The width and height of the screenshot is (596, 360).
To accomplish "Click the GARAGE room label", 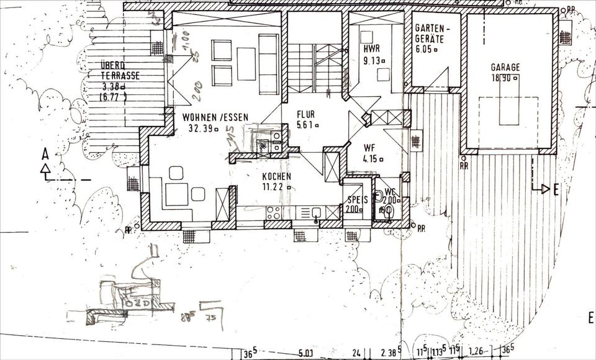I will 505,67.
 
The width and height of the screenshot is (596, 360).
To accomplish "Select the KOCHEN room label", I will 276,176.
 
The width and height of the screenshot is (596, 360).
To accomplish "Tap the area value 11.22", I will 275,187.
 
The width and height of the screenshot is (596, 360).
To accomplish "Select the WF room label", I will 370,148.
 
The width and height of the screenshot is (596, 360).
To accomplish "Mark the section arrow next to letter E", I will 543,188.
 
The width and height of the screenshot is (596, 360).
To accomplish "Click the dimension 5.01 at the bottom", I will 305,353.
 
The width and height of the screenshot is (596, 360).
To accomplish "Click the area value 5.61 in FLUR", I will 306,125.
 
